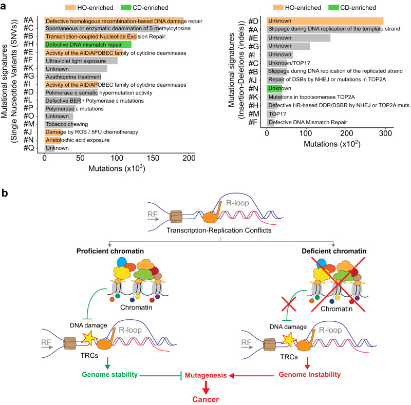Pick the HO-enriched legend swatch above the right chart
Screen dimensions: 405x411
pyautogui.click(x=282, y=8)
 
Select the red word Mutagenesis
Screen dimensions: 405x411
pyautogui.click(x=207, y=375)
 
